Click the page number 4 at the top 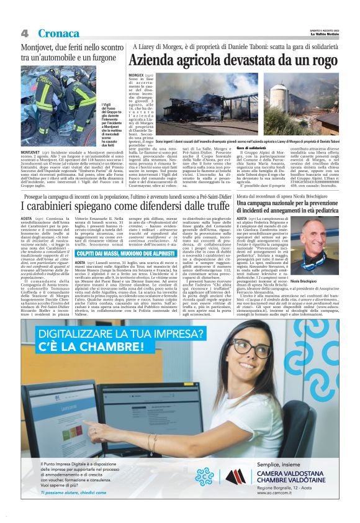pyautogui.click(x=25, y=32)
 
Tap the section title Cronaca pyautogui.click(x=58, y=32)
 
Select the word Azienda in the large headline pyautogui.click(x=153, y=61)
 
